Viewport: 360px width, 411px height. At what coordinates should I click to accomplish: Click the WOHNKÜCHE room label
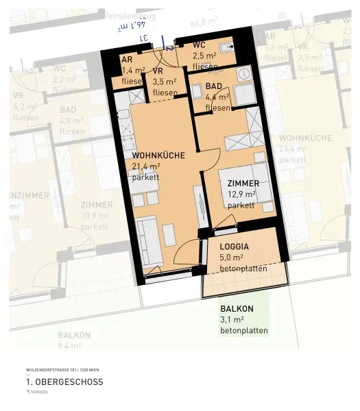(x=158, y=155)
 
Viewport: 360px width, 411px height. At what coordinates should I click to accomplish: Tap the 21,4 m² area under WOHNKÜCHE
(x=146, y=166)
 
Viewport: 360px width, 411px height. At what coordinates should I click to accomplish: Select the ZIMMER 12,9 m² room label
(x=243, y=184)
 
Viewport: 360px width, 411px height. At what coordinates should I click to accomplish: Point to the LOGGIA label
(x=234, y=247)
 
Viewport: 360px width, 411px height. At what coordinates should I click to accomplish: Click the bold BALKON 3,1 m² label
(x=237, y=309)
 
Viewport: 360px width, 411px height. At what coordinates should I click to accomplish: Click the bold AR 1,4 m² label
(x=127, y=60)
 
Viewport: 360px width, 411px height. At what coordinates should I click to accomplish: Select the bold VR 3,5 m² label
(x=158, y=71)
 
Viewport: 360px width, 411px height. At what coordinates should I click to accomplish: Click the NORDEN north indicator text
(x=38, y=393)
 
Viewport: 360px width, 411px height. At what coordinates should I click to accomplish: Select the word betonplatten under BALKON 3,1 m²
(x=243, y=331)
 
